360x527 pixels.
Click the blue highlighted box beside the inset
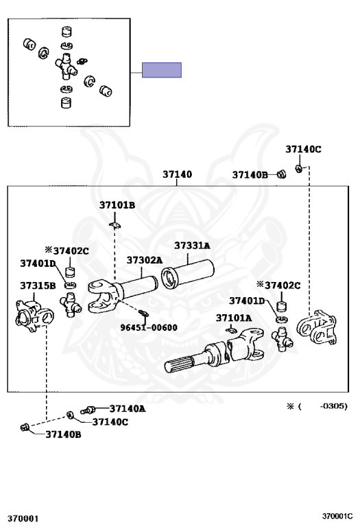(162, 70)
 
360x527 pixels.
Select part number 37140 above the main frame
(178, 174)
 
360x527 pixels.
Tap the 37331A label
(192, 246)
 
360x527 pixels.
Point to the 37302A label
(145, 260)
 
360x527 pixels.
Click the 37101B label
(117, 205)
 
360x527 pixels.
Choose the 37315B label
(38, 285)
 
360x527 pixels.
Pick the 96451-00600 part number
(149, 327)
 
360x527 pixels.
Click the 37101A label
(234, 318)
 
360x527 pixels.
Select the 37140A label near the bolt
(128, 408)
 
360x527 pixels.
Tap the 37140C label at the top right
(303, 149)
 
